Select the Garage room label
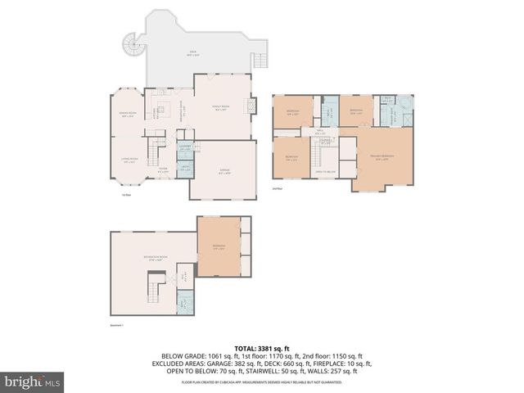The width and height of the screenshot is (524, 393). click(x=224, y=172)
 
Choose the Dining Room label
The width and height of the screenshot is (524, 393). click(x=128, y=115)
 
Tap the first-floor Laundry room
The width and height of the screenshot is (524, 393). click(x=186, y=149)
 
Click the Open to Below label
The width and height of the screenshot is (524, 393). click(x=324, y=172)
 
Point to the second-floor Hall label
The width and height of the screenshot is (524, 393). click(x=322, y=133)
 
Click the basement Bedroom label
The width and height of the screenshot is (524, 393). click(x=219, y=247)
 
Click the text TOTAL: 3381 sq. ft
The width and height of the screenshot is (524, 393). click(x=261, y=347)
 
